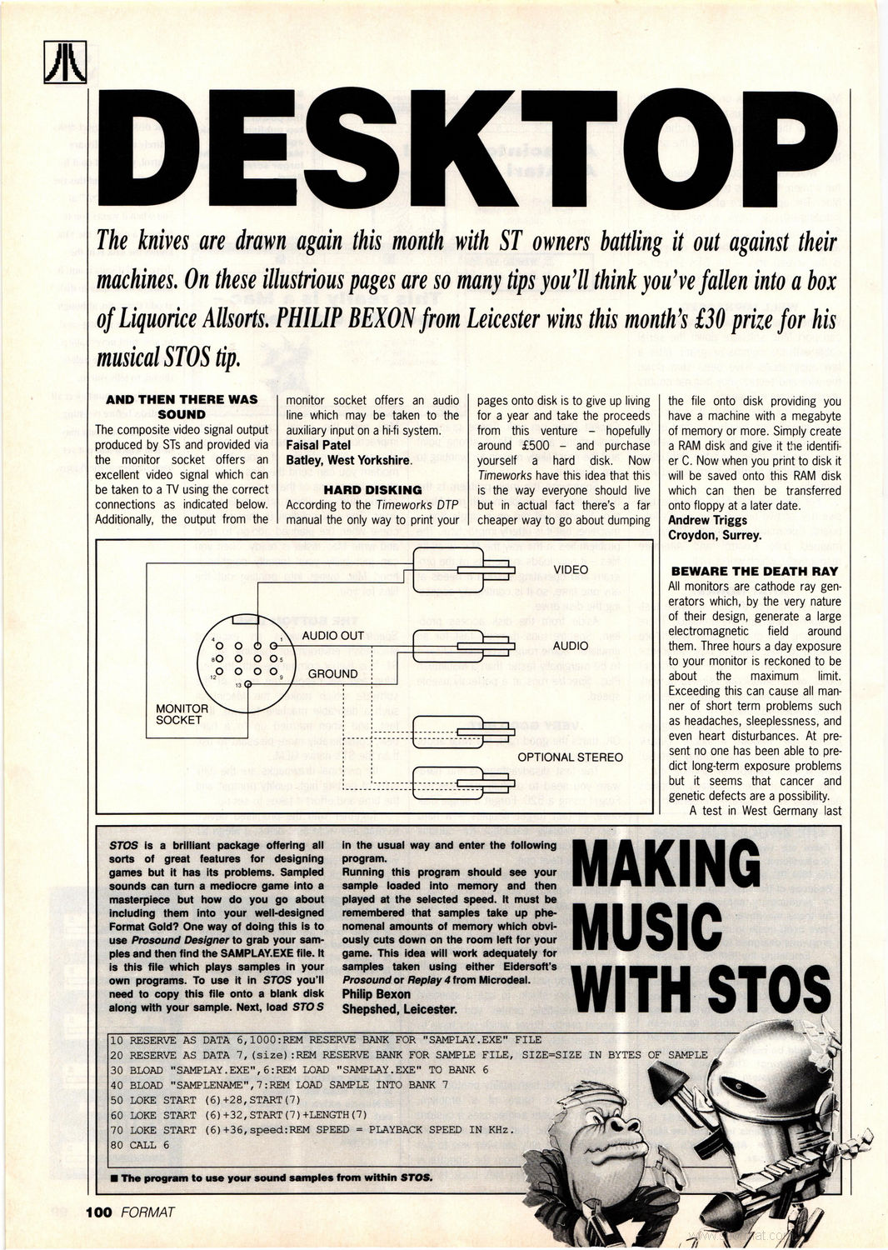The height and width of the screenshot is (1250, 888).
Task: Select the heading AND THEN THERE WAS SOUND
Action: pos(182,407)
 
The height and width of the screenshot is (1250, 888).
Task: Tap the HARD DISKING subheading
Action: pos(372,490)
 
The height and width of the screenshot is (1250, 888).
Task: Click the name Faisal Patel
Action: pos(318,445)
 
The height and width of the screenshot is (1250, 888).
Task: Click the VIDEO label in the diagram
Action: pos(571,570)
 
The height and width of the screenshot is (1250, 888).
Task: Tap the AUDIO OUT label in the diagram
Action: pos(332,635)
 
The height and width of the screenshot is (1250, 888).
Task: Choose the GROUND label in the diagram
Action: pos(332,673)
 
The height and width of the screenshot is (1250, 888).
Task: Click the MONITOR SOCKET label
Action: pos(182,714)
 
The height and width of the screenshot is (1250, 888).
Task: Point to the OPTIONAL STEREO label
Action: pos(570,757)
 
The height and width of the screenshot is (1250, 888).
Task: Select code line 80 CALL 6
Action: pos(133,1145)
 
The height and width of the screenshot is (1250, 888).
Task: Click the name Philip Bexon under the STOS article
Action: pos(377,994)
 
